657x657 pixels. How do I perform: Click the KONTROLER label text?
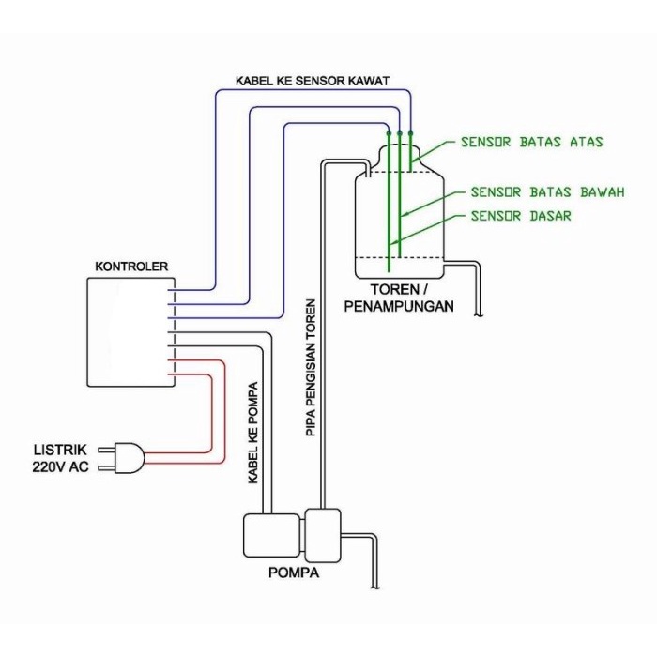131,267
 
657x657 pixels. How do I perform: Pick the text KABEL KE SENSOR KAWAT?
312,82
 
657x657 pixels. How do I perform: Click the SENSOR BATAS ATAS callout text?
531,143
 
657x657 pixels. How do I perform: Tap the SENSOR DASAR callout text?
521,216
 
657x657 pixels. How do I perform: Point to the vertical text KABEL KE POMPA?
253,432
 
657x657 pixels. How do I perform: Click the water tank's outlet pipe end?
479,314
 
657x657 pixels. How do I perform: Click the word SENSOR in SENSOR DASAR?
496,216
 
